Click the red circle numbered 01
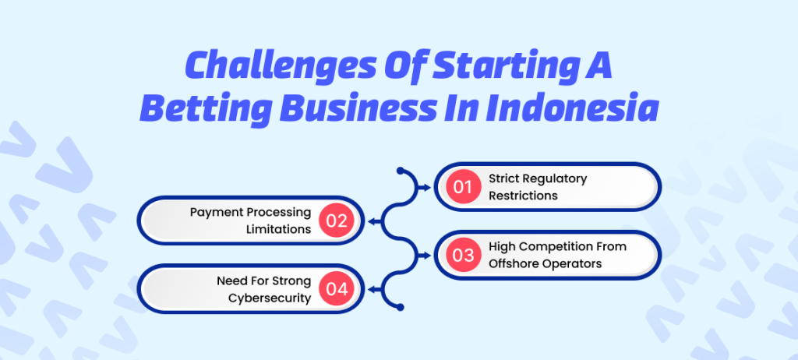[464, 187]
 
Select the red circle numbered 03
[464, 255]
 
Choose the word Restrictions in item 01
[523, 196]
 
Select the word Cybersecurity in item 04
[270, 298]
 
